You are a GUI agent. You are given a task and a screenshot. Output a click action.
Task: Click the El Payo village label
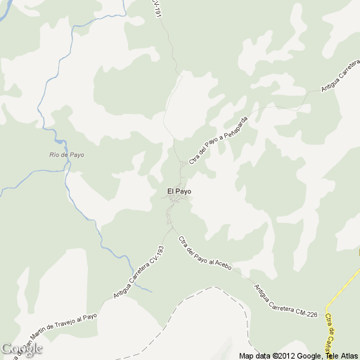(179, 191)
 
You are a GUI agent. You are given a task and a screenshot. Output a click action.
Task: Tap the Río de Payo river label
(67, 155)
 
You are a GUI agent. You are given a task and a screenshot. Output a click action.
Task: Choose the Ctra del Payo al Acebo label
(205, 254)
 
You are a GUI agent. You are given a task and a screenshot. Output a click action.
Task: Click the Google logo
(22, 349)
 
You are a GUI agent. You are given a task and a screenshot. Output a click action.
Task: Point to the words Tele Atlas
(340, 356)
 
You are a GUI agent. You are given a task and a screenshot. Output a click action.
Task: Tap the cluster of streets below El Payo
(176, 203)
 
